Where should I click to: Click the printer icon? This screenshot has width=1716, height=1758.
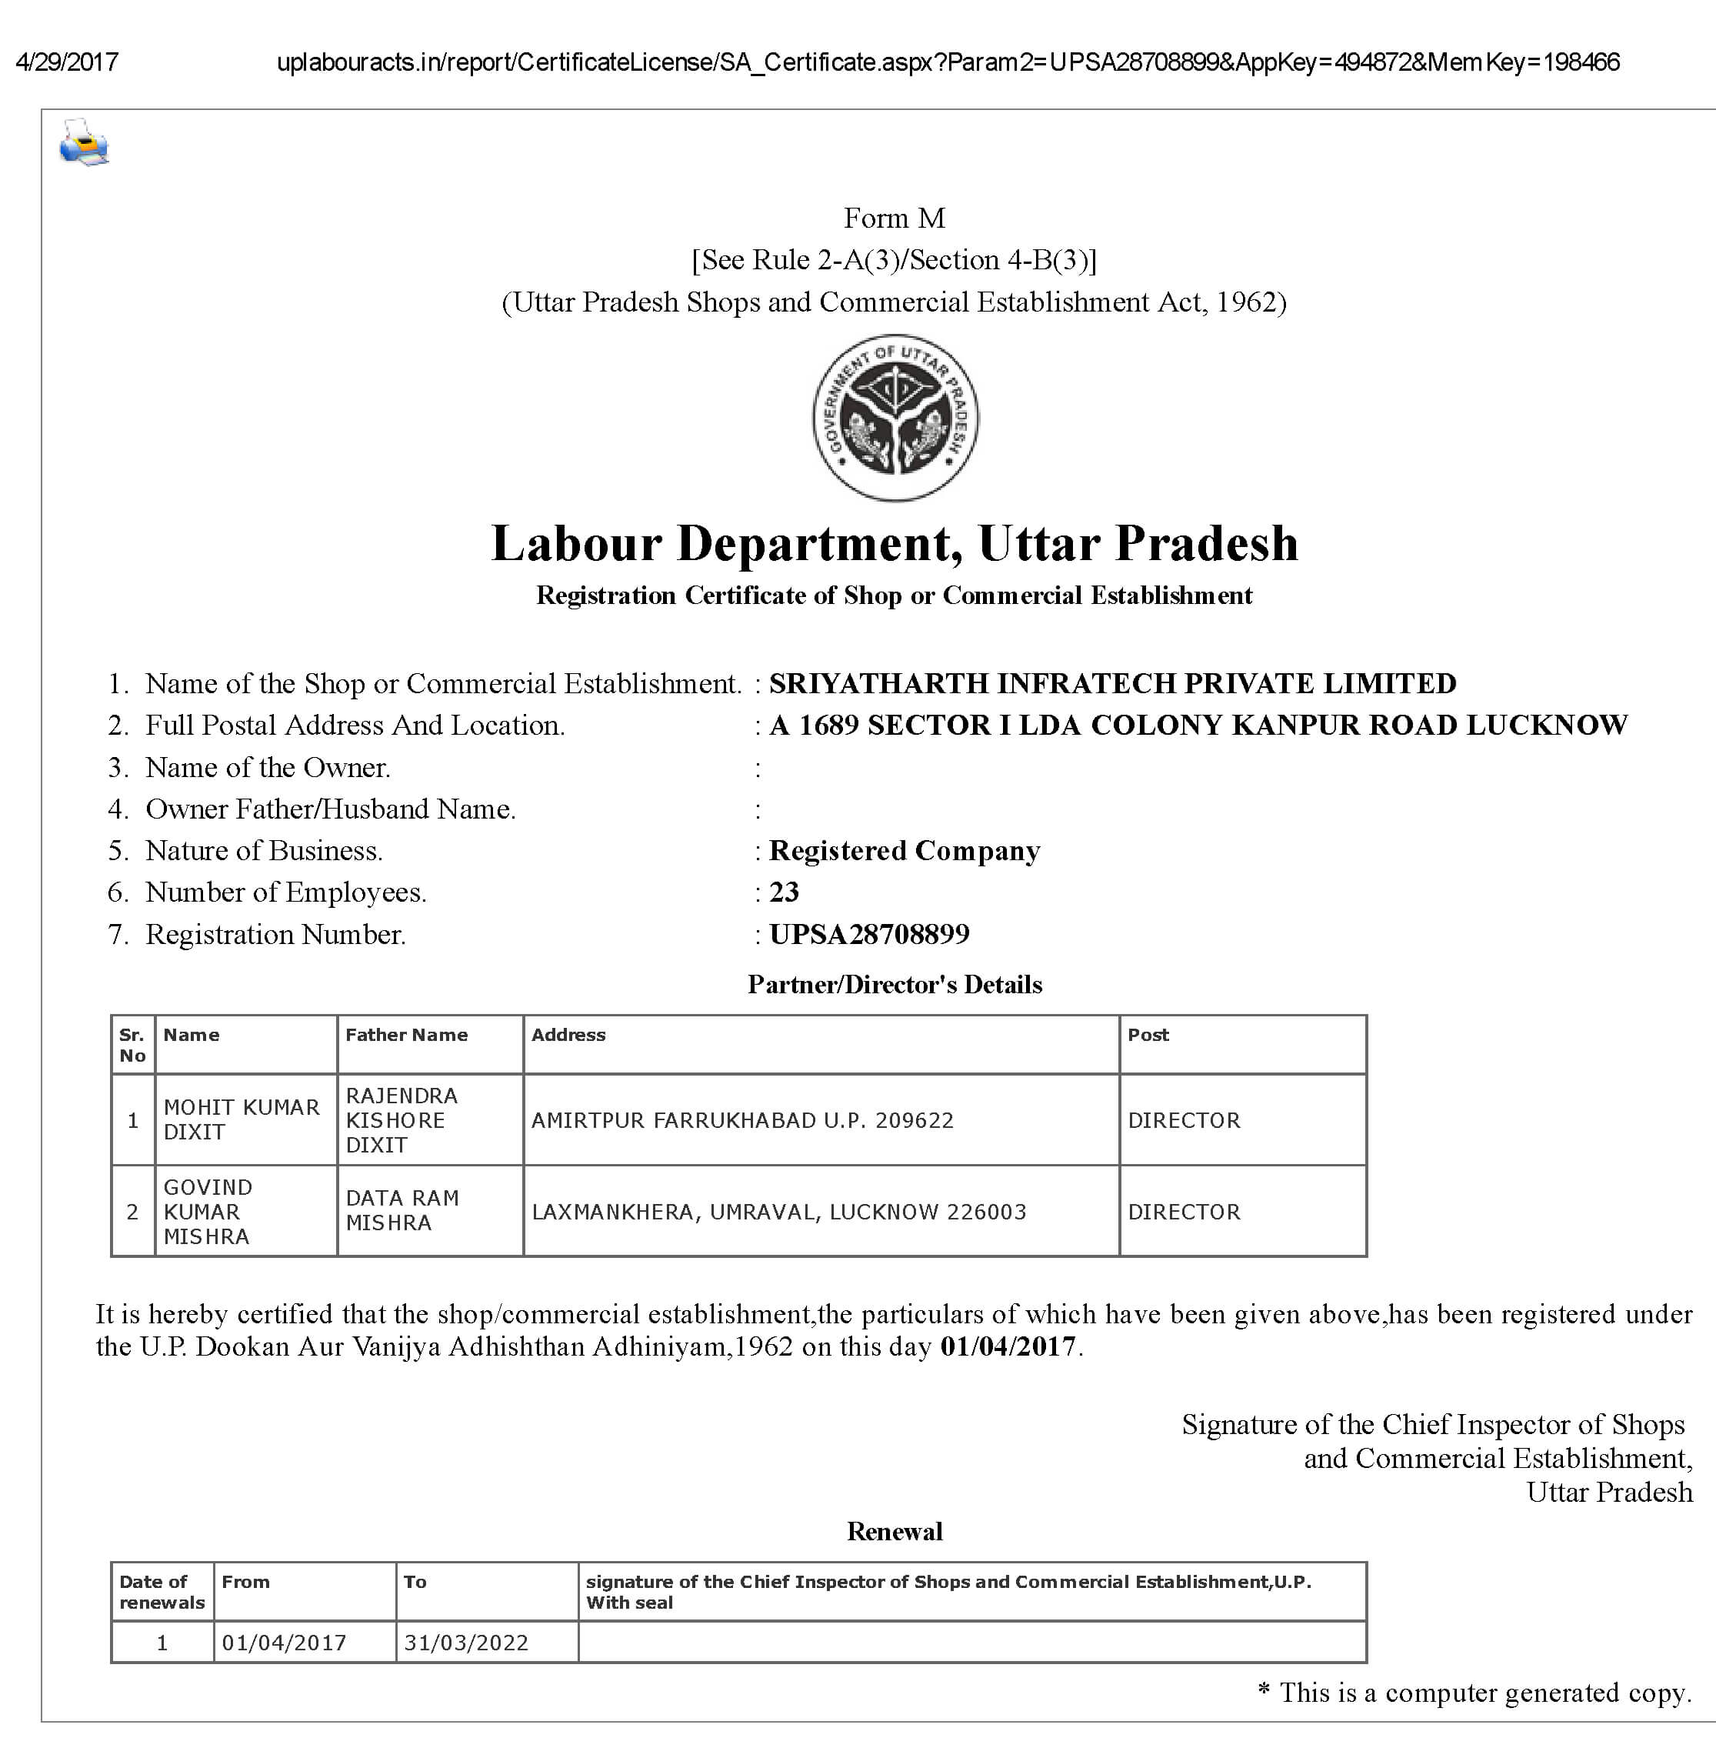84,142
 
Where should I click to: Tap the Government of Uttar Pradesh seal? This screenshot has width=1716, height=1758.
895,418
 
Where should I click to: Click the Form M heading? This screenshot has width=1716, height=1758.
894,218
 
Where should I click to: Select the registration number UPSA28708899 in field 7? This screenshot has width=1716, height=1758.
869,934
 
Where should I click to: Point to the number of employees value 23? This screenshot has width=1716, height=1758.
784,892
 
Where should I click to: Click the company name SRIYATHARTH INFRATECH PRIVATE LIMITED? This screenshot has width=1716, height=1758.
1112,683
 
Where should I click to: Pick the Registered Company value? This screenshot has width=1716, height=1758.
905,850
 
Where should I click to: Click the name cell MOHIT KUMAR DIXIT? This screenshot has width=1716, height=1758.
242,1119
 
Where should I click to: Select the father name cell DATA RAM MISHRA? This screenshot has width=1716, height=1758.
402,1210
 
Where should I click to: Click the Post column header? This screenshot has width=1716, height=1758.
1148,1035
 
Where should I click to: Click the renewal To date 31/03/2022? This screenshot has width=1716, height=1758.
466,1643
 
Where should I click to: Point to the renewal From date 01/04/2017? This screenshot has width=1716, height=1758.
284,1643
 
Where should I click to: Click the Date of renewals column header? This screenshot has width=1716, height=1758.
162,1592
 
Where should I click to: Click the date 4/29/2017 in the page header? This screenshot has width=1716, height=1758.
67,62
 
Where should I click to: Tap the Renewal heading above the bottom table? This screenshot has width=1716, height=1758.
894,1531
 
